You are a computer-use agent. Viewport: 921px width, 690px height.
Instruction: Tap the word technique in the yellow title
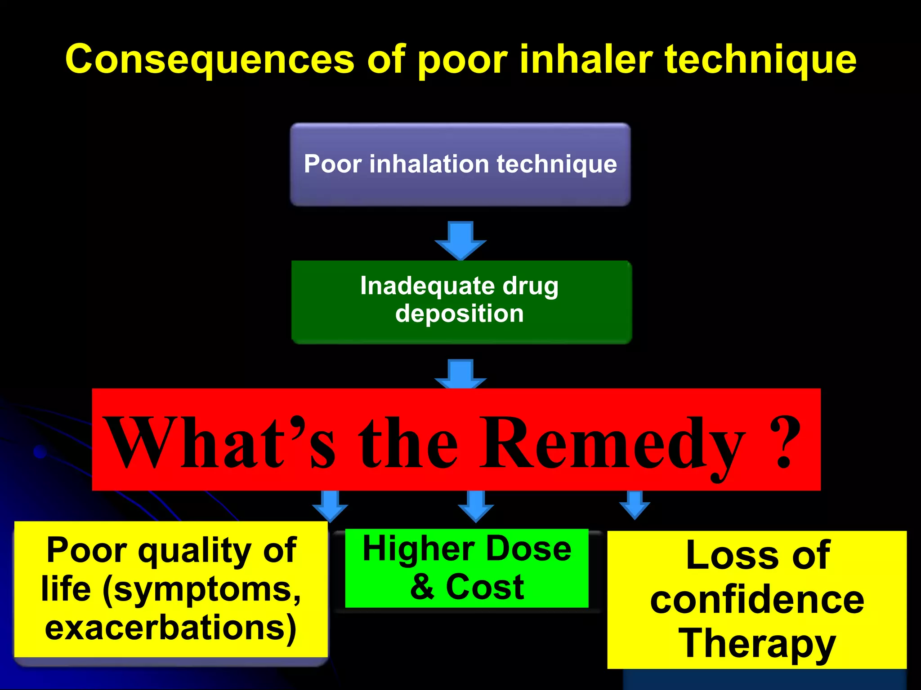click(760, 60)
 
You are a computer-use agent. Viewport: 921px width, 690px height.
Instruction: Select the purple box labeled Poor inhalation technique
click(460, 164)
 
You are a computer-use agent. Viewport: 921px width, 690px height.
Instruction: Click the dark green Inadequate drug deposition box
click(461, 302)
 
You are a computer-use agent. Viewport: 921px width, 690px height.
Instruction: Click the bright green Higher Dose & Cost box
click(467, 568)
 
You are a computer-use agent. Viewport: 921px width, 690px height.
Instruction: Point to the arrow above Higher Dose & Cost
click(476, 505)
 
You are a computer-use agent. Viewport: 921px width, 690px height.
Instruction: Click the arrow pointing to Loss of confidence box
click(635, 504)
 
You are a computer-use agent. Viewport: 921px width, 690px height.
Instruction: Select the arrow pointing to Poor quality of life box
click(330, 505)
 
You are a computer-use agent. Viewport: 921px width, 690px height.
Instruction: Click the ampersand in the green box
click(423, 587)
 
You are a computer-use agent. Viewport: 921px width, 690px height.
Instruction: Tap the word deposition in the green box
click(460, 313)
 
